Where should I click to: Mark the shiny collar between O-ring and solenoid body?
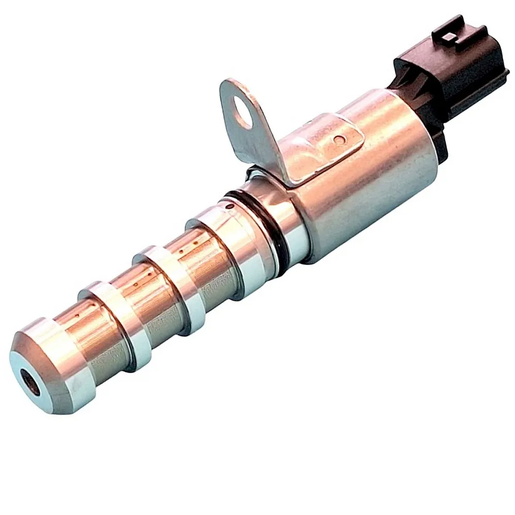(x=284, y=217)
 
